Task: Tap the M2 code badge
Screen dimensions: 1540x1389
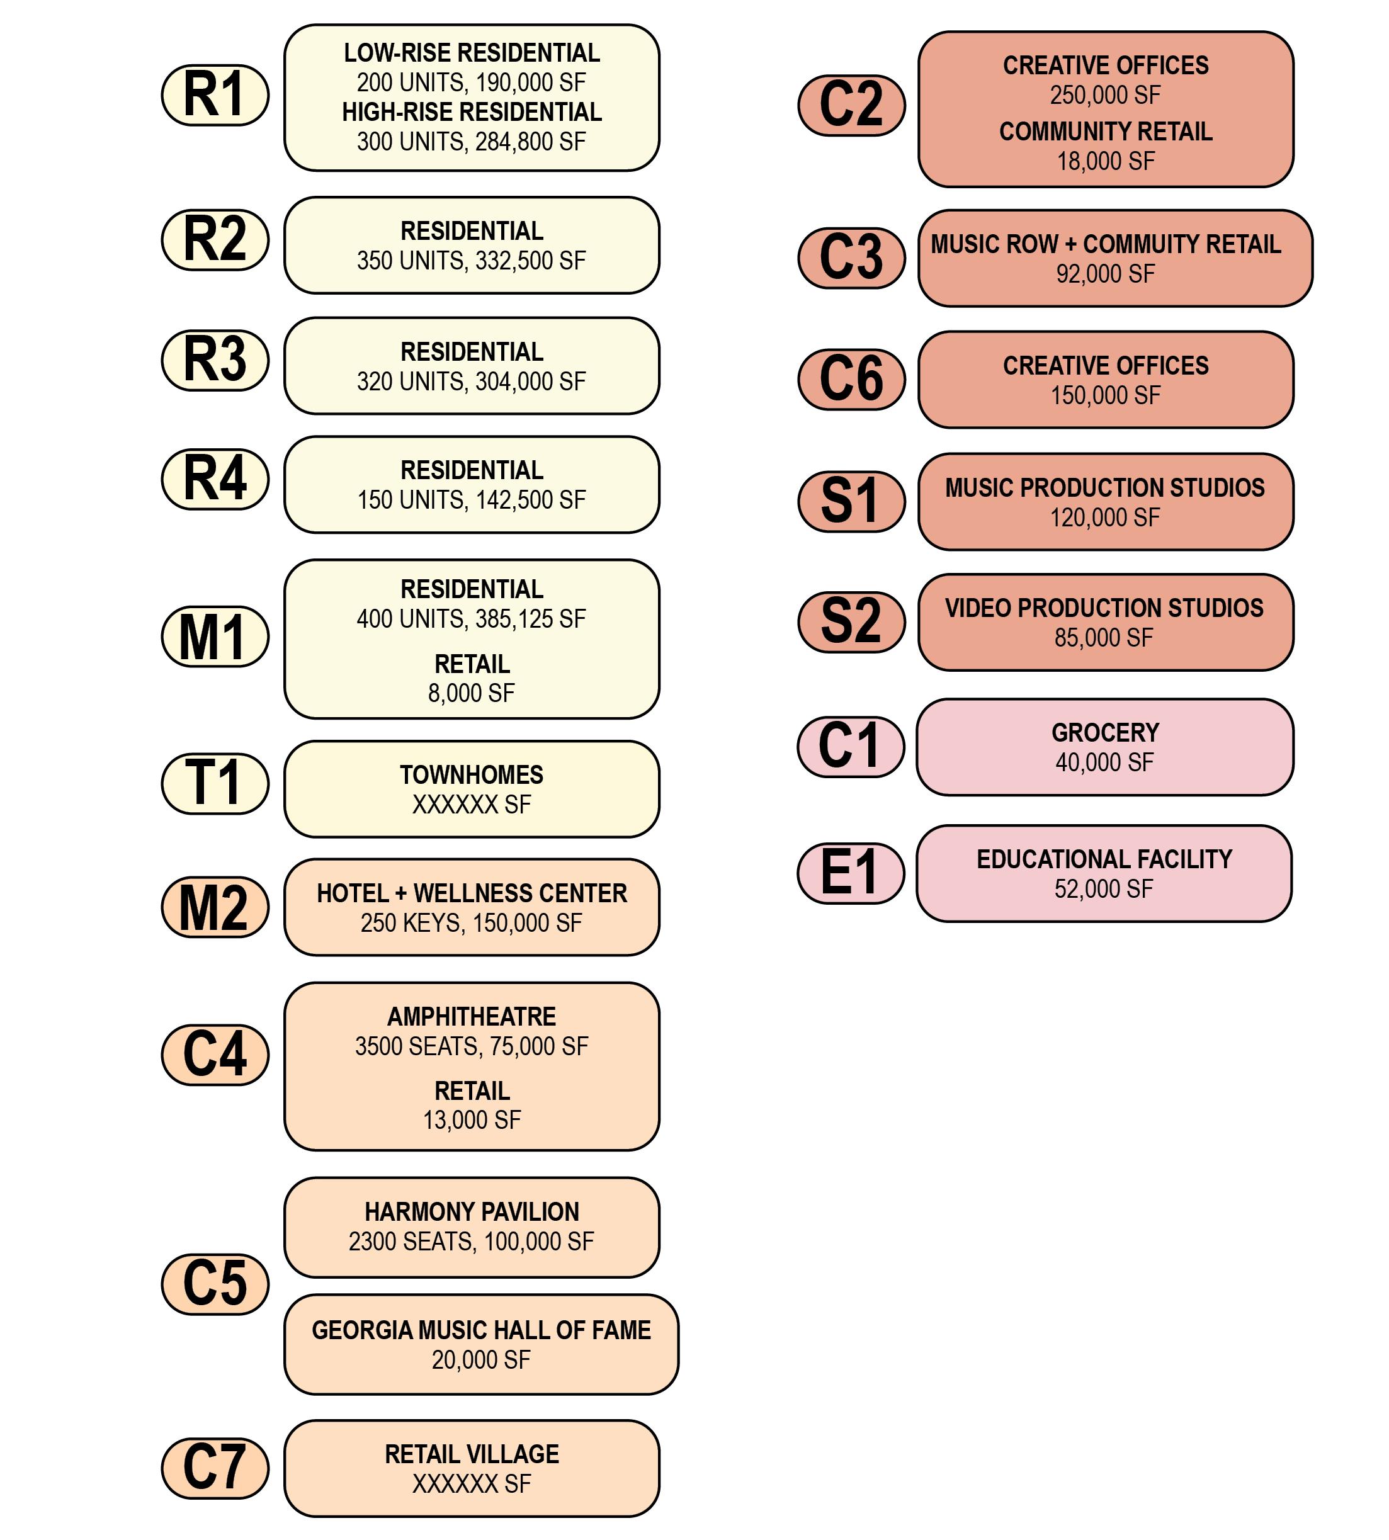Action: click(215, 907)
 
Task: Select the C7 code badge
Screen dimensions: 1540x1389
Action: click(215, 1467)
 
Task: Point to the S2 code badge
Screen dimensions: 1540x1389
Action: click(851, 621)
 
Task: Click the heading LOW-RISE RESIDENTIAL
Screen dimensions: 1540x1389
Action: click(472, 53)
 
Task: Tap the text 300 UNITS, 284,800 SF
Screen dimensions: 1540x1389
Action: click(472, 141)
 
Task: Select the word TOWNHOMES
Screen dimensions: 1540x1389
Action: click(472, 774)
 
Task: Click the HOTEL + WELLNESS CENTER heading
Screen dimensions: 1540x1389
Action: click(472, 893)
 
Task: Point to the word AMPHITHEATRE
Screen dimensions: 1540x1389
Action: click(472, 1017)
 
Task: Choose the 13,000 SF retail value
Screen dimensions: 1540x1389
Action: click(472, 1119)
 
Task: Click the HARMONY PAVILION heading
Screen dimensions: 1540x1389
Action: click(472, 1212)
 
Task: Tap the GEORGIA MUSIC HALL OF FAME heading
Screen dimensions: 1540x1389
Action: click(481, 1330)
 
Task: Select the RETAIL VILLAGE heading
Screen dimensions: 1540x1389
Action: click(472, 1454)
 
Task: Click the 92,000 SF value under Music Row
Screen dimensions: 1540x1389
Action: click(1105, 273)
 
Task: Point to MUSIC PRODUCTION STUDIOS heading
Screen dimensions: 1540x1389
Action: click(1105, 488)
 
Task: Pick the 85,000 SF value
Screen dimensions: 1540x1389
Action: click(1104, 637)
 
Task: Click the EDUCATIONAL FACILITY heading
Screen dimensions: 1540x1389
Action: click(1104, 859)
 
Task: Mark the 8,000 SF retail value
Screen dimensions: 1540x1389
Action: click(472, 693)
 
